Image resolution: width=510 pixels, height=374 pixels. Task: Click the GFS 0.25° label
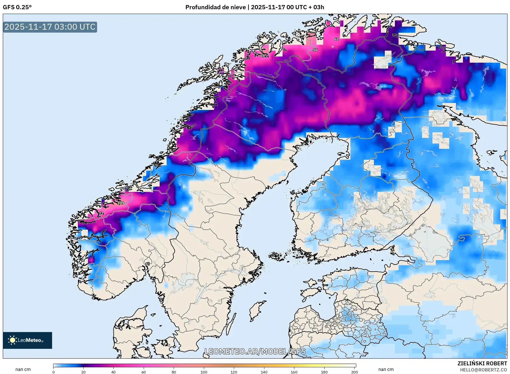point(17,7)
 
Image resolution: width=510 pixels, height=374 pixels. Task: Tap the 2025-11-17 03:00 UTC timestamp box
point(50,27)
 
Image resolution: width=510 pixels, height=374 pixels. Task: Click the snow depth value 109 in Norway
point(121,203)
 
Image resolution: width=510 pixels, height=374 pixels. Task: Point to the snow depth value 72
point(101,213)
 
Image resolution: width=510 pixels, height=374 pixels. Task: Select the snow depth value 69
point(262,56)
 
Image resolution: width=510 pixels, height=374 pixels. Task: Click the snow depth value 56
point(315,50)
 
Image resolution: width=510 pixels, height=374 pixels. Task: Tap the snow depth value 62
point(336,39)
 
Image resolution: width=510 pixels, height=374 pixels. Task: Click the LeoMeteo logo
point(27,340)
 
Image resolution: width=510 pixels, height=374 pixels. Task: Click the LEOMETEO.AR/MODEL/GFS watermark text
point(255,351)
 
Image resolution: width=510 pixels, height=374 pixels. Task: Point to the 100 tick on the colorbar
point(204,372)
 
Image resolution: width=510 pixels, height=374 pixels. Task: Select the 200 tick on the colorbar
point(355,372)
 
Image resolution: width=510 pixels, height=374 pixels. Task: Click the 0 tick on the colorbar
point(53,372)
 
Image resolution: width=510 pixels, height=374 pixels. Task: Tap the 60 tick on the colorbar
point(144,372)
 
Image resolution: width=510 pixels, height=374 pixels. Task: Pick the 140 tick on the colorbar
point(264,372)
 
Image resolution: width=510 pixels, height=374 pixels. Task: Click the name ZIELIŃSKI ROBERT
point(482,363)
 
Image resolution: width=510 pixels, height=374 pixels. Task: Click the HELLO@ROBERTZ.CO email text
point(483,370)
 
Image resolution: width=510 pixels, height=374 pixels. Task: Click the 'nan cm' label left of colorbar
point(23,369)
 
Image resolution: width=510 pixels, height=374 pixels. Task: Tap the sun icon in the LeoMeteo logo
point(12,340)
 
